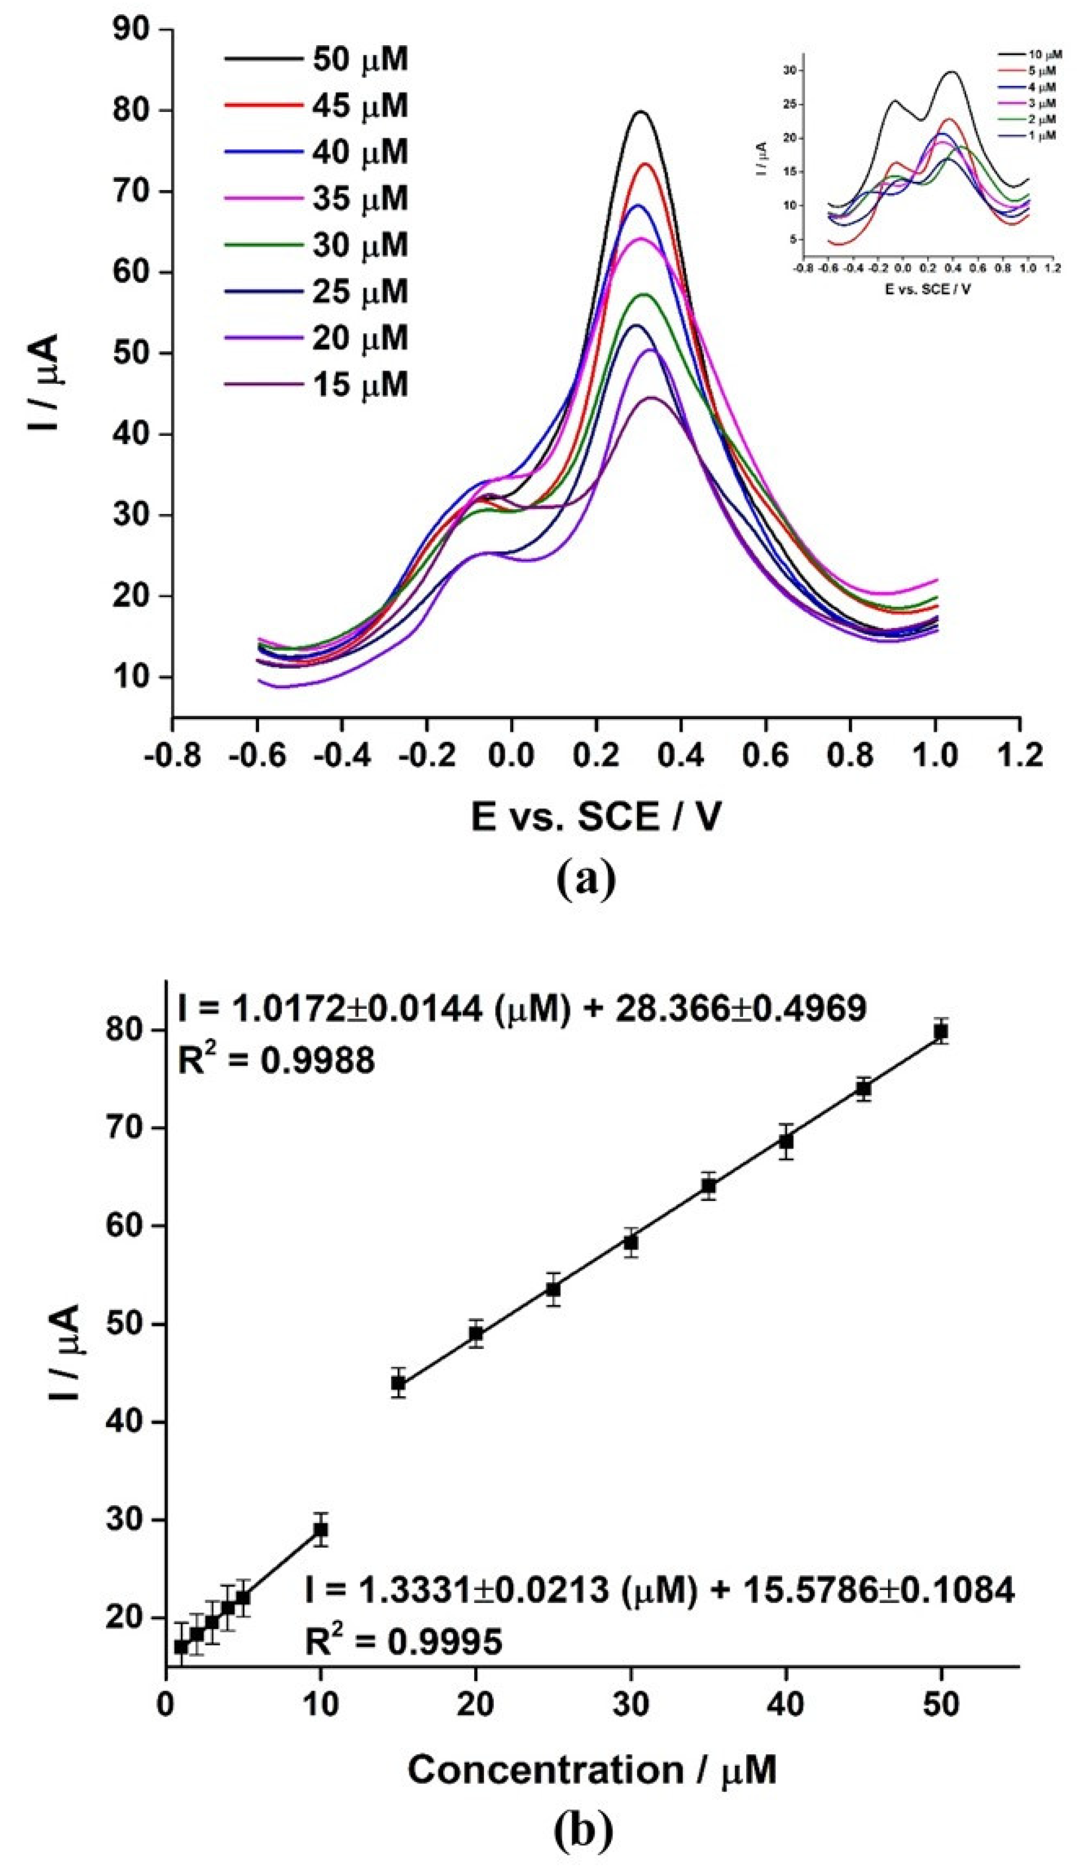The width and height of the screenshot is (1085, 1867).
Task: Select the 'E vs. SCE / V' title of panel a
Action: coord(596,818)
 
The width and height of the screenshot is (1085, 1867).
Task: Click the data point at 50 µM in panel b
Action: coord(941,1032)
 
